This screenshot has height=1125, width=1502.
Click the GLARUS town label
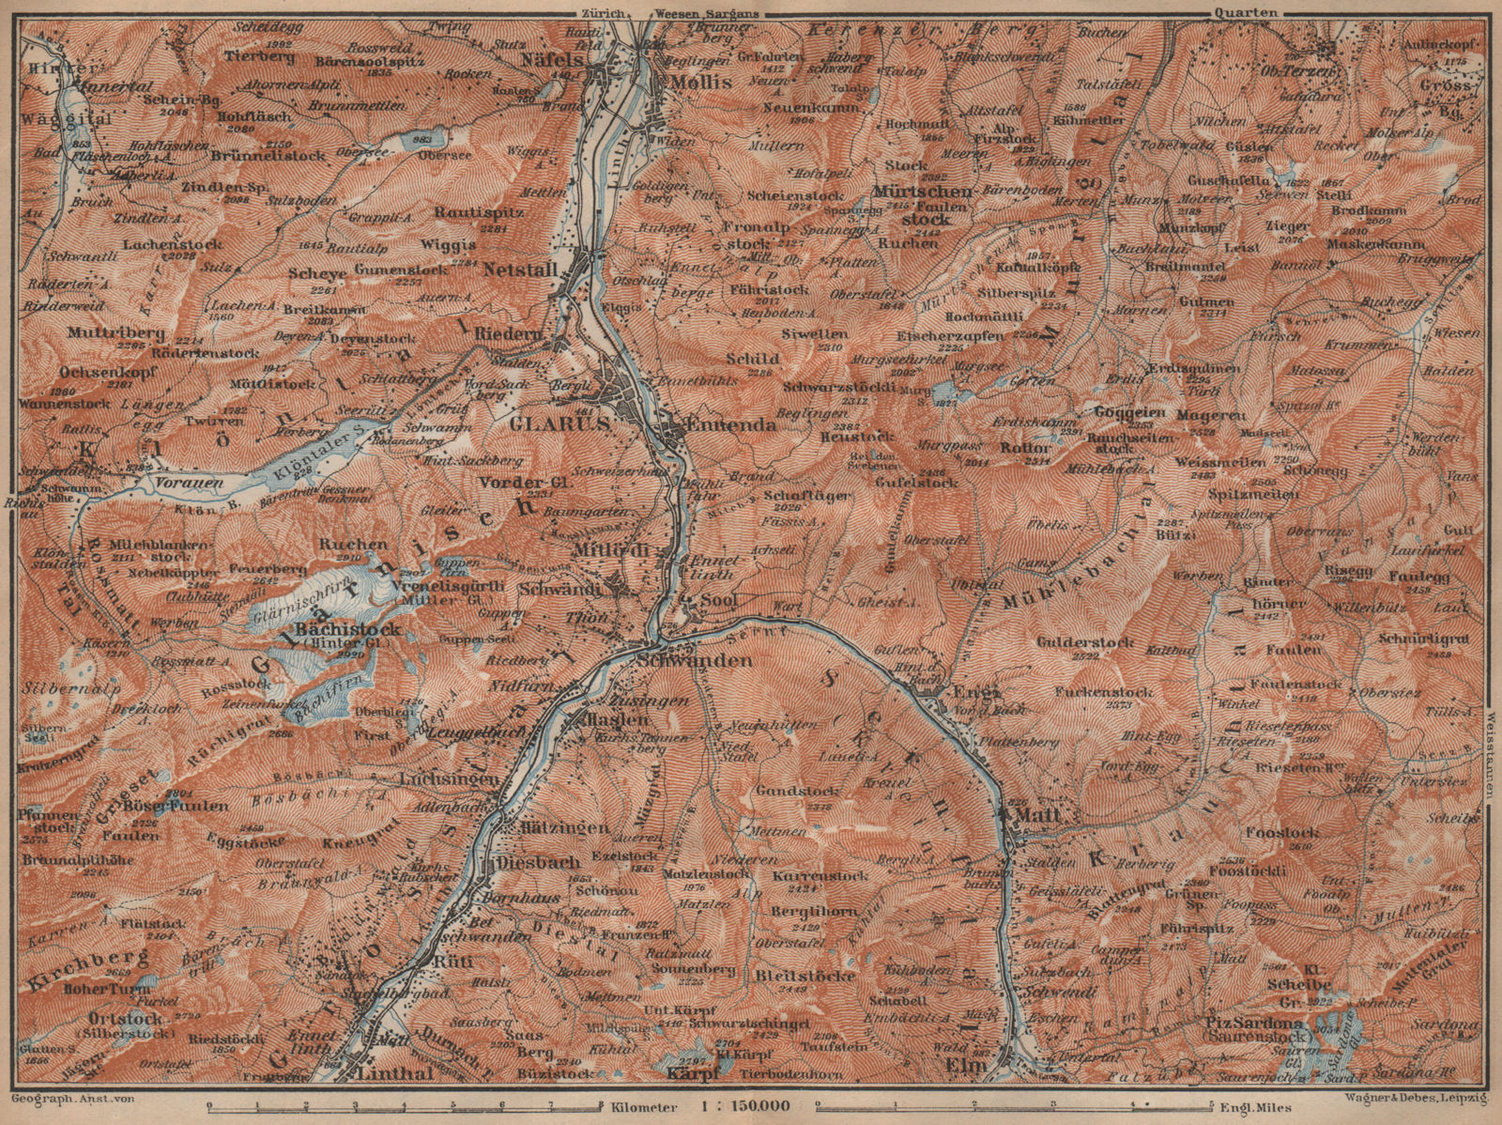pyautogui.click(x=560, y=423)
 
